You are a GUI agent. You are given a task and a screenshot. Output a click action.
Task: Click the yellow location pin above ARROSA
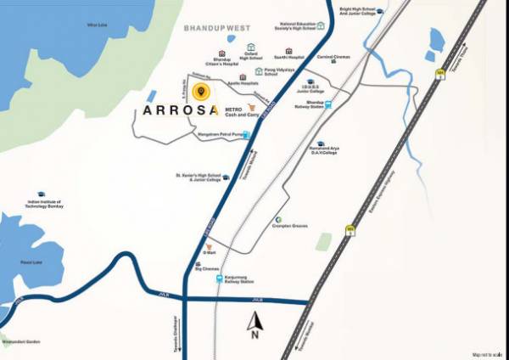[199, 92]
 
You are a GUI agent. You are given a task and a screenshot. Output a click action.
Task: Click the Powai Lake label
[30, 262]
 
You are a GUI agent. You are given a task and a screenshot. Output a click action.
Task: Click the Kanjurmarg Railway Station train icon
[220, 278]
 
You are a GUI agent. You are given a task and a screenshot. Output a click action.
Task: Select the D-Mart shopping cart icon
[209, 246]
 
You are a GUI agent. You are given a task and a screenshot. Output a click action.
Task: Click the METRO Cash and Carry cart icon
[250, 109]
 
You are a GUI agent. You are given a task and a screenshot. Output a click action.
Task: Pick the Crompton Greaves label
[290, 226]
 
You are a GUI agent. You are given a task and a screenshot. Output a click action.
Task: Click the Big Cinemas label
[207, 268]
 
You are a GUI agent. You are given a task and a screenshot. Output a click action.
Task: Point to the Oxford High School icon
[250, 48]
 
